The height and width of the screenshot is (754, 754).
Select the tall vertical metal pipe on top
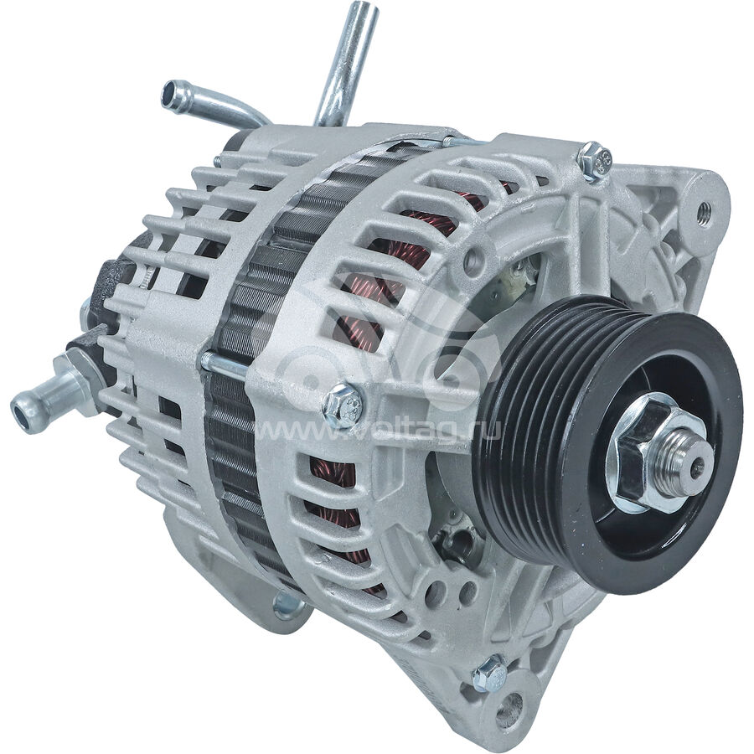(x=346, y=63)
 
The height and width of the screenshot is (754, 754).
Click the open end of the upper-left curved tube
(x=170, y=91)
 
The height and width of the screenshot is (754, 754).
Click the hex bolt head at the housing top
(x=596, y=161)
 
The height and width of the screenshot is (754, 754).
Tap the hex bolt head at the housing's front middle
(x=343, y=405)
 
